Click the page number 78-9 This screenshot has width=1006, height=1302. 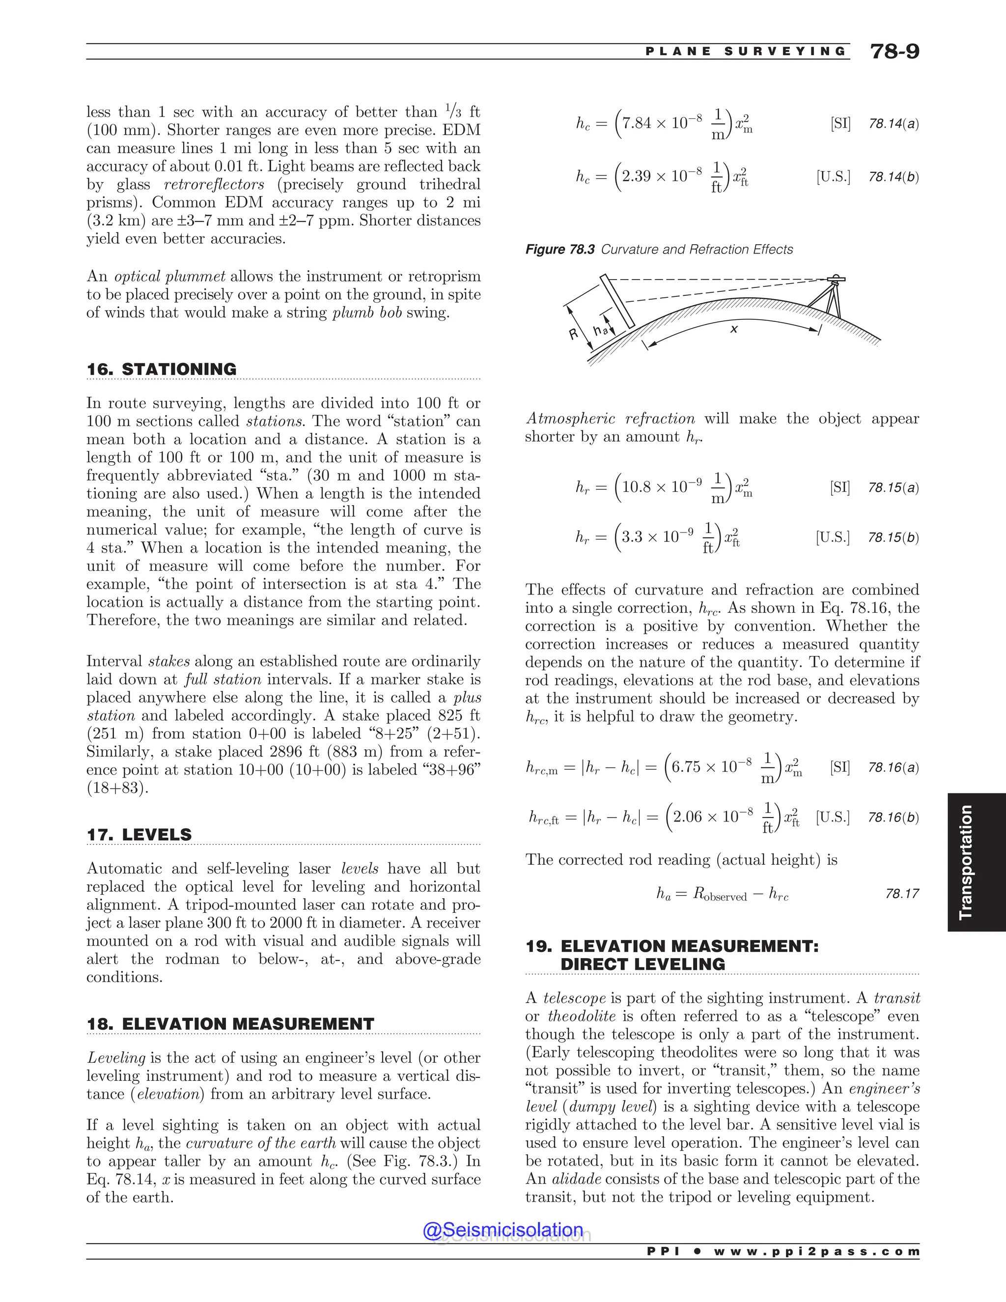(894, 51)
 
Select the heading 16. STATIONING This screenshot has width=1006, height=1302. (162, 369)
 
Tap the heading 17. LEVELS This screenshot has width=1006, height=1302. (140, 835)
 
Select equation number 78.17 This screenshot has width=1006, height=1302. (902, 893)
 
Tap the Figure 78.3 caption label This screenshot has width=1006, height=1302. (559, 249)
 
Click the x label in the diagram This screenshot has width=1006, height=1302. (734, 329)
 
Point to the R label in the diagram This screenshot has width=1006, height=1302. (574, 335)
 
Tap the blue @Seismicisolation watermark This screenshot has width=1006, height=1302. (503, 1229)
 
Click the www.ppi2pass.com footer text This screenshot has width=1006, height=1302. (816, 1251)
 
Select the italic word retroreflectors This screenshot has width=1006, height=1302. (214, 184)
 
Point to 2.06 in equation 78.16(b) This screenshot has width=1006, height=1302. (687, 816)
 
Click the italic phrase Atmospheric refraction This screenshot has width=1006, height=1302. (610, 419)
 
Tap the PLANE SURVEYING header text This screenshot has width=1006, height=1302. (746, 51)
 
